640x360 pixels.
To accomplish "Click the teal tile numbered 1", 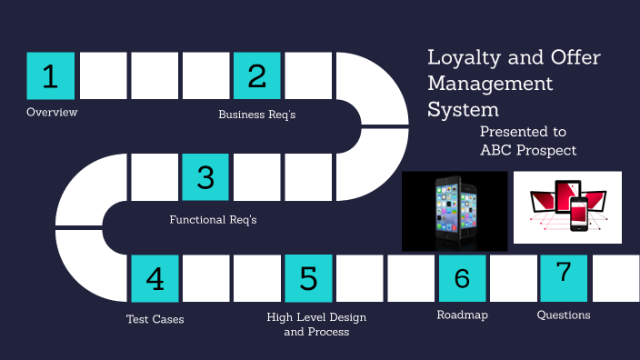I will coord(50,75).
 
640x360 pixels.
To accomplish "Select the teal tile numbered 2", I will coord(256,75).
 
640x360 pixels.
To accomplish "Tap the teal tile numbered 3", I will coord(205,176).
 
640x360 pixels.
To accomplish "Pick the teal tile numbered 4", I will coord(155,278).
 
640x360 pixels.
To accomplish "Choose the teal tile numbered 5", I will coord(308,278).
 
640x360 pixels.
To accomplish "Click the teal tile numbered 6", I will coord(462,278).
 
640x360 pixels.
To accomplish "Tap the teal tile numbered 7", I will coord(564,277).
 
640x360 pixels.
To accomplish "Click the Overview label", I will coord(52,113).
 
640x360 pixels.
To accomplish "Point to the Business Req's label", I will coord(257,115).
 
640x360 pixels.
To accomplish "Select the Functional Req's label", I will coord(214,219).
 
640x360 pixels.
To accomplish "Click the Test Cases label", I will coord(155,319).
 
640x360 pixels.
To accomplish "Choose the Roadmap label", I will coord(462,315).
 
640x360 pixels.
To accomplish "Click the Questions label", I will coord(564,315).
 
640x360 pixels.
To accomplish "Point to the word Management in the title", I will coord(490,84).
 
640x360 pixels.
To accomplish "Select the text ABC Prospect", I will coord(528,150).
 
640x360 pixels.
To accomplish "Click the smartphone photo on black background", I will coord(455,211).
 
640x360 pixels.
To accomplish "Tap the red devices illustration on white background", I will coord(567,207).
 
